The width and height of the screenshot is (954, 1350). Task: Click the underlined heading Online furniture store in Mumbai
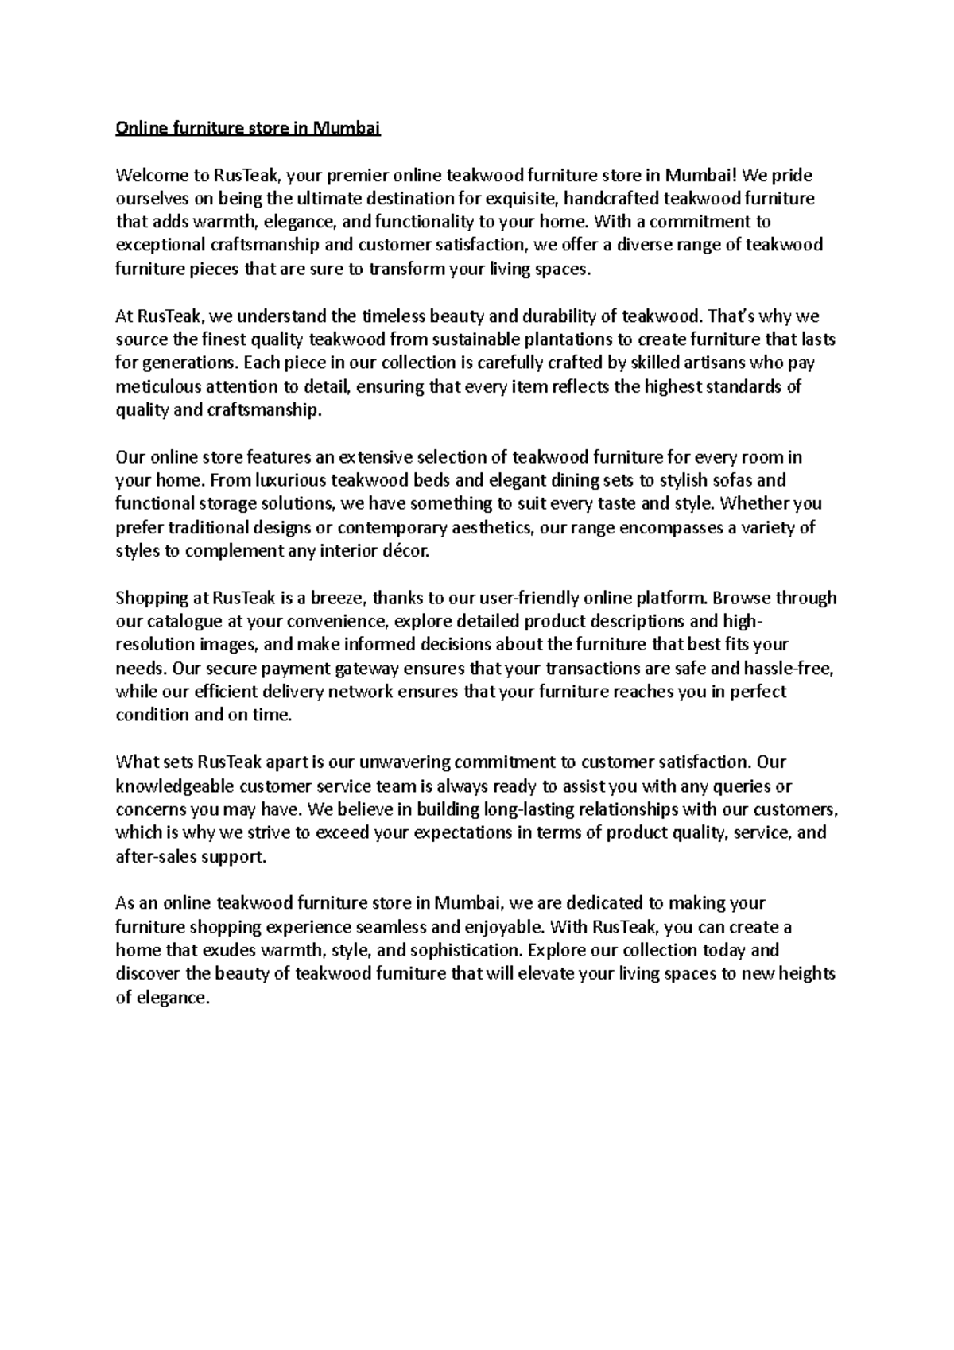click(248, 128)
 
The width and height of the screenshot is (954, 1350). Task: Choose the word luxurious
click(282, 480)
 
